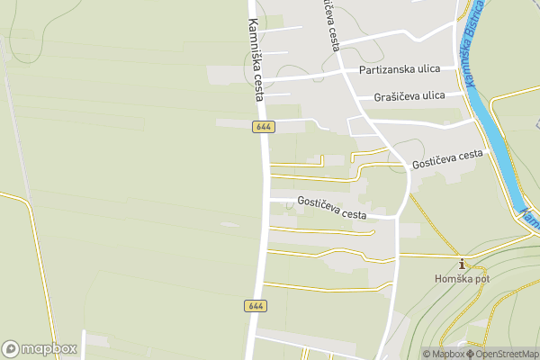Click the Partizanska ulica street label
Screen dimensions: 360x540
click(398, 69)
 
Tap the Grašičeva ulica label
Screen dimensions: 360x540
click(409, 95)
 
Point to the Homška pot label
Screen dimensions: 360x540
click(463, 279)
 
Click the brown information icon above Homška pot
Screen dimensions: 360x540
click(463, 264)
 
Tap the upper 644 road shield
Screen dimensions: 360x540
click(263, 127)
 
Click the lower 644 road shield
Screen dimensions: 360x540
click(255, 306)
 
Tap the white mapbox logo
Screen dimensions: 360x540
click(40, 348)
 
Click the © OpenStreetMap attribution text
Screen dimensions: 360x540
click(502, 354)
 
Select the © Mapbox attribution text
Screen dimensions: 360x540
click(443, 354)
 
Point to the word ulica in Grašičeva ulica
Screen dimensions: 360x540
click(430, 95)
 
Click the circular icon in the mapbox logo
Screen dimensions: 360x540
click(12, 348)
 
